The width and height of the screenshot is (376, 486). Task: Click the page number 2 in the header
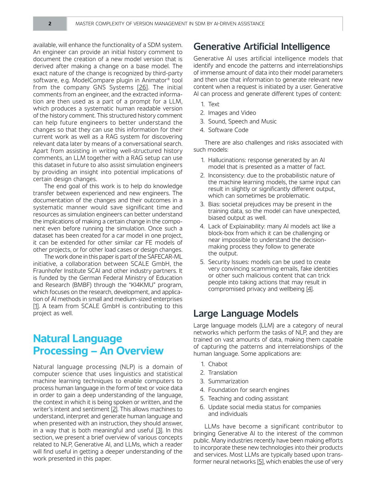click(50, 24)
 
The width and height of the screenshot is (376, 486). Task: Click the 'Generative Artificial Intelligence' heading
click(261, 47)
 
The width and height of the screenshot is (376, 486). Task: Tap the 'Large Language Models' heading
click(246, 314)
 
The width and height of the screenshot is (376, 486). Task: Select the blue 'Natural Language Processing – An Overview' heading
click(98, 345)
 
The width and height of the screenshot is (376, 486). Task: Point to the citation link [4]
click(309, 289)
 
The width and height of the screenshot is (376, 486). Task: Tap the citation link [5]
click(260, 461)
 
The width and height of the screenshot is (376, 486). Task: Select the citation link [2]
click(114, 409)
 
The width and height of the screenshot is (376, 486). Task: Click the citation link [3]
click(159, 430)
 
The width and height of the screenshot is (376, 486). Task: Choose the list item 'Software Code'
click(228, 130)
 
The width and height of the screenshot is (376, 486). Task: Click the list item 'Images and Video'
click(232, 113)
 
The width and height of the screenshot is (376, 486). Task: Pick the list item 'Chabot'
click(218, 364)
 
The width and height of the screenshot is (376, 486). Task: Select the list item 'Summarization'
click(228, 381)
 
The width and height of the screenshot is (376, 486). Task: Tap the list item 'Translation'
click(223, 373)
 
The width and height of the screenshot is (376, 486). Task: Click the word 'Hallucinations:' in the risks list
click(227, 160)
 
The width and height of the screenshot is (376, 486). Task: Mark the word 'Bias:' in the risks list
click(214, 204)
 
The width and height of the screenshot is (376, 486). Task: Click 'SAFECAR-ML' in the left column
click(165, 257)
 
